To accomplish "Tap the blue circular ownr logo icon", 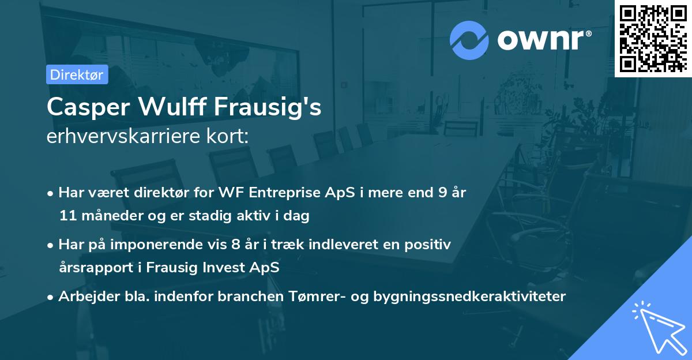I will (468, 40).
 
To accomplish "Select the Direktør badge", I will (77, 74).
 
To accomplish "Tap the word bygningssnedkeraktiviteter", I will (469, 297).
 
